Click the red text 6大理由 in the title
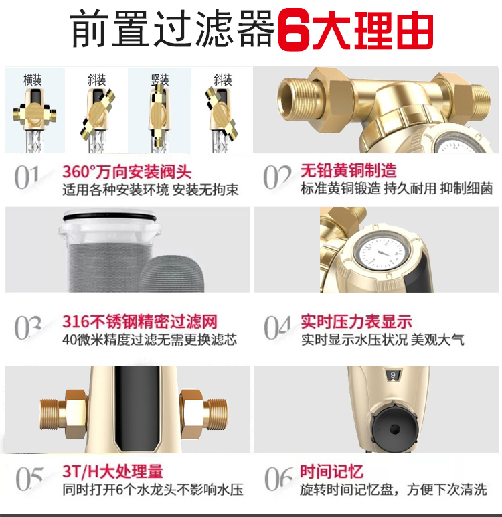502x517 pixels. pos(355,31)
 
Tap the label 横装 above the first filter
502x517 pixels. pos(33,80)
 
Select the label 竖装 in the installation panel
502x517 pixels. pos(160,80)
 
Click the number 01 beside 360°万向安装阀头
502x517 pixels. pos(27,177)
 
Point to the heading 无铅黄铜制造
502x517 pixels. pos(348,171)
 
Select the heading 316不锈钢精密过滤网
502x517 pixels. pos(140,321)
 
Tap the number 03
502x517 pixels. pos(27,327)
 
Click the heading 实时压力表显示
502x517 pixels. pos(356,321)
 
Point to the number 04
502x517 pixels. pos(277,327)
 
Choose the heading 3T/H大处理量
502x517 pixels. pos(112,471)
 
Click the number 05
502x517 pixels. pos(29,478)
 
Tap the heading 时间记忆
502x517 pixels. pos(331,471)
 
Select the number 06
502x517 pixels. pos(278,478)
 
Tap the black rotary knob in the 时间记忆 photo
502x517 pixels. pos(394,429)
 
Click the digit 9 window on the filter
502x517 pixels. pos(393,375)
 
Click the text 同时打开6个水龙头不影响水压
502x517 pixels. pos(153,490)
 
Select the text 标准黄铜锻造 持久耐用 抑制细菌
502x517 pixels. pos(396,189)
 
